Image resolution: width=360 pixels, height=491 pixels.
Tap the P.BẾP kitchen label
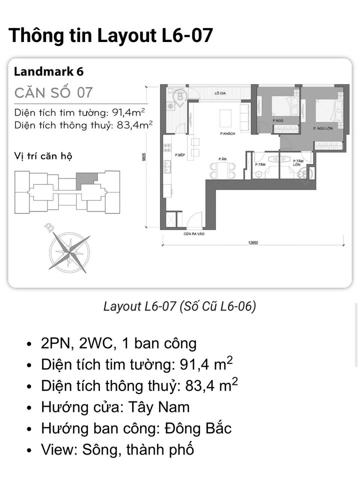180,155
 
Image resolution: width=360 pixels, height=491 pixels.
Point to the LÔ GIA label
218,93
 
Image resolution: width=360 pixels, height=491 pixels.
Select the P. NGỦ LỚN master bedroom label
323,129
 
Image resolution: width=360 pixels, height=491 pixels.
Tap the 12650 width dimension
254,243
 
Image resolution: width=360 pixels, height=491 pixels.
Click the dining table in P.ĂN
222,170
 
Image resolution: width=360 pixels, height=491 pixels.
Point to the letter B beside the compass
49,228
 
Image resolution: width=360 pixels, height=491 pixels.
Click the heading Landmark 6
48,71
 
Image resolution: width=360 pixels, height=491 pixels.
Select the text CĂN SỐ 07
53,92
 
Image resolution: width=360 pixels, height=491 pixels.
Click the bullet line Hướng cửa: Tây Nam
115,407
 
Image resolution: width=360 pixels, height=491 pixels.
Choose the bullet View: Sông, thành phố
117,449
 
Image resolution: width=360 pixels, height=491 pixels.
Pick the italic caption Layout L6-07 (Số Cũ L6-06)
179,306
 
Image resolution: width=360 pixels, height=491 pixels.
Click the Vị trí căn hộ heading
43,156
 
